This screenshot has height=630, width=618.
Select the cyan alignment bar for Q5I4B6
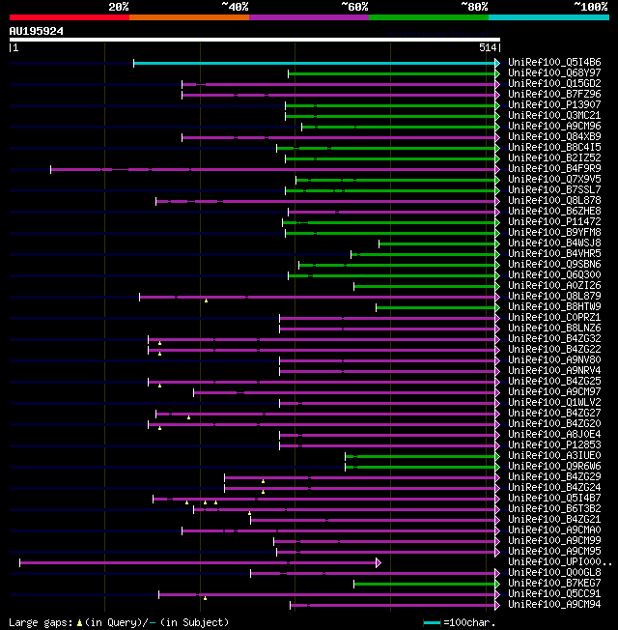point(315,63)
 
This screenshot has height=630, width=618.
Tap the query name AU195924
point(37,31)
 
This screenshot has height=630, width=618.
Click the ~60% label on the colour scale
point(354,7)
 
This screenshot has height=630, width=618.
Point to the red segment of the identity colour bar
point(69,17)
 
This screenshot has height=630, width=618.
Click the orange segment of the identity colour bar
point(188,17)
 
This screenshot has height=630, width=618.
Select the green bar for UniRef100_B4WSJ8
point(437,243)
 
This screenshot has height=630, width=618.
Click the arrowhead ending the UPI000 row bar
point(379,562)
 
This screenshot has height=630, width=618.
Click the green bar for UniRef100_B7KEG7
point(424,584)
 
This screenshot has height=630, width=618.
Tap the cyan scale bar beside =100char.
point(433,623)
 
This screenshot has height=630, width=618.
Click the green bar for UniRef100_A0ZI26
point(425,286)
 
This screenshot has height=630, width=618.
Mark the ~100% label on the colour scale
point(590,7)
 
